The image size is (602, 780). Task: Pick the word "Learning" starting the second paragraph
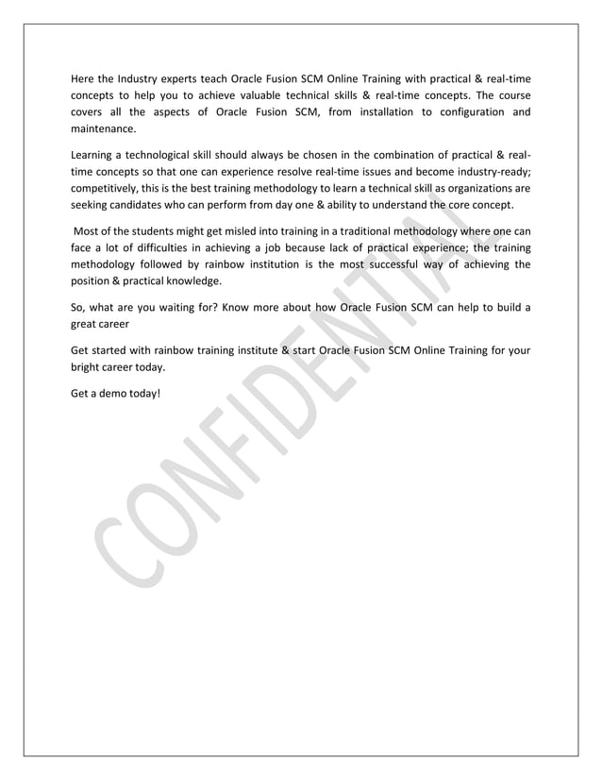(x=94, y=155)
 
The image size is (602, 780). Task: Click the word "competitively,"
(x=109, y=189)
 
